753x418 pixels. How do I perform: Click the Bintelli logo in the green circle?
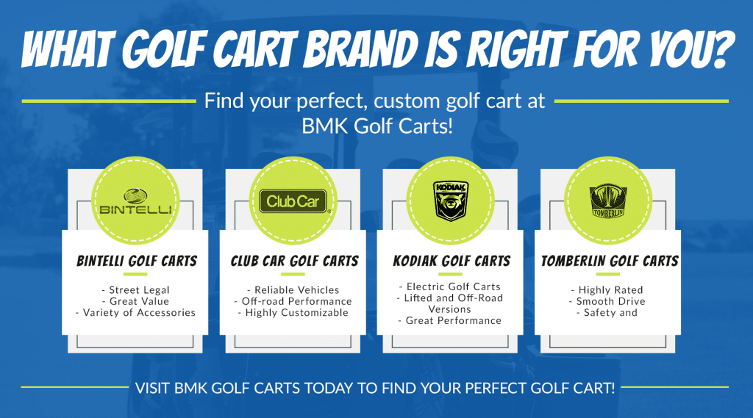pyautogui.click(x=135, y=201)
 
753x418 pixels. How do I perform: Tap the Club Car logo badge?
pyautogui.click(x=293, y=201)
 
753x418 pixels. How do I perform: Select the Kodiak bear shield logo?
pyautogui.click(x=451, y=201)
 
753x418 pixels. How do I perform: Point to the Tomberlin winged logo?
pyautogui.click(x=608, y=201)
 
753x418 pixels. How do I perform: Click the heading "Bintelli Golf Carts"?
pyautogui.click(x=137, y=261)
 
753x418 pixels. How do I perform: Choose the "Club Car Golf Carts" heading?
pyautogui.click(x=294, y=261)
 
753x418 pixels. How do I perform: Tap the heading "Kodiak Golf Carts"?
pyautogui.click(x=452, y=261)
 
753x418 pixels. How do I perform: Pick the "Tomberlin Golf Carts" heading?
pyautogui.click(x=610, y=261)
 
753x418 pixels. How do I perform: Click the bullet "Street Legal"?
pyautogui.click(x=135, y=290)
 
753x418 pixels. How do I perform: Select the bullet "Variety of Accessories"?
pyautogui.click(x=135, y=313)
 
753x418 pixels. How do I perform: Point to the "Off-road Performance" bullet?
pyautogui.click(x=293, y=301)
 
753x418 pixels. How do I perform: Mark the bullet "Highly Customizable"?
pyautogui.click(x=293, y=313)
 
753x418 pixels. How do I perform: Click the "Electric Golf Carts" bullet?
pyautogui.click(x=450, y=287)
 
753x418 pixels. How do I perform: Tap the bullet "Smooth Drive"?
pyautogui.click(x=607, y=301)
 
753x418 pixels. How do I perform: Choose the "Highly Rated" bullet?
pyautogui.click(x=607, y=290)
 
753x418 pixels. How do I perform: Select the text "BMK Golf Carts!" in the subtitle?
pyautogui.click(x=377, y=126)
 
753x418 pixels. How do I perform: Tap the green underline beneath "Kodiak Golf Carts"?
pyautogui.click(x=450, y=274)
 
